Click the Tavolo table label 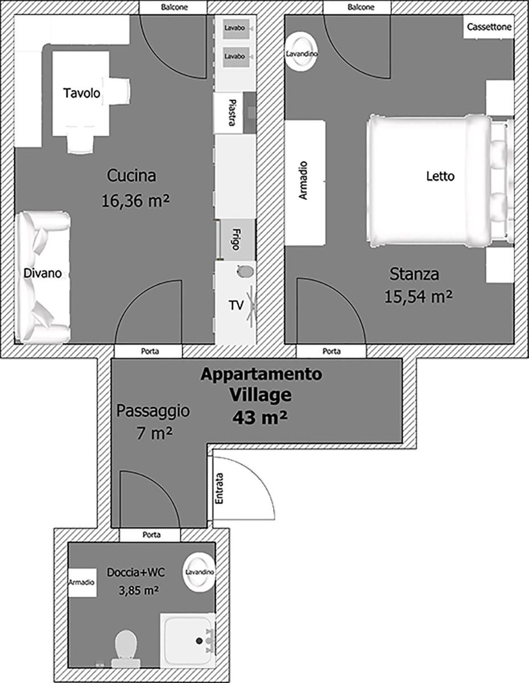pyautogui.click(x=82, y=93)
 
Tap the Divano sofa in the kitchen pyautogui.click(x=43, y=277)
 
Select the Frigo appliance pyautogui.click(x=237, y=240)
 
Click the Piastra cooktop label pyautogui.click(x=232, y=113)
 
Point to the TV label pyautogui.click(x=236, y=305)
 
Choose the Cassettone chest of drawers pyautogui.click(x=489, y=27)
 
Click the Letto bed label pyautogui.click(x=440, y=176)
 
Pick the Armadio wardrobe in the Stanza pyautogui.click(x=305, y=183)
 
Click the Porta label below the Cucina pyautogui.click(x=150, y=351)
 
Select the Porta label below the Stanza pyautogui.click(x=332, y=351)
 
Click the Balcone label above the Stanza pyautogui.click(x=361, y=7)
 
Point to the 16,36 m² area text pyautogui.click(x=135, y=200)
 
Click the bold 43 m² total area pyautogui.click(x=259, y=417)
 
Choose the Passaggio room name pyautogui.click(x=153, y=411)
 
